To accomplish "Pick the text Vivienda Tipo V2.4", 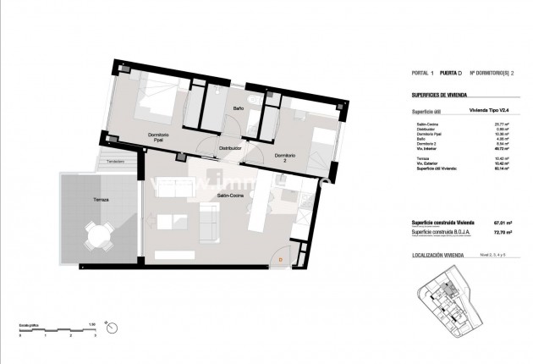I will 490,111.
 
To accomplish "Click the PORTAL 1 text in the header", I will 422,73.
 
